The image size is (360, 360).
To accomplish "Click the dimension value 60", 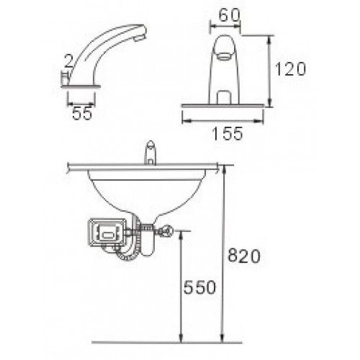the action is click(229, 15).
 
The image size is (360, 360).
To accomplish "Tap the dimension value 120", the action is click(290, 69).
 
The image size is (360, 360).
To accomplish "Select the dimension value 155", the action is click(228, 133).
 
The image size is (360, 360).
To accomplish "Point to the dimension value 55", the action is click(82, 113).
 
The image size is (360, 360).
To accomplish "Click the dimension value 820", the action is click(244, 256).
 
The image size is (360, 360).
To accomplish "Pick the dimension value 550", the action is click(199, 287).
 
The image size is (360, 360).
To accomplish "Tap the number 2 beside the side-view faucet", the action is click(69, 60).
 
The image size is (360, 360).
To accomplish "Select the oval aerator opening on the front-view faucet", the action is click(224, 56).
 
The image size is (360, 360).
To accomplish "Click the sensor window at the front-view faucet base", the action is click(224, 97).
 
